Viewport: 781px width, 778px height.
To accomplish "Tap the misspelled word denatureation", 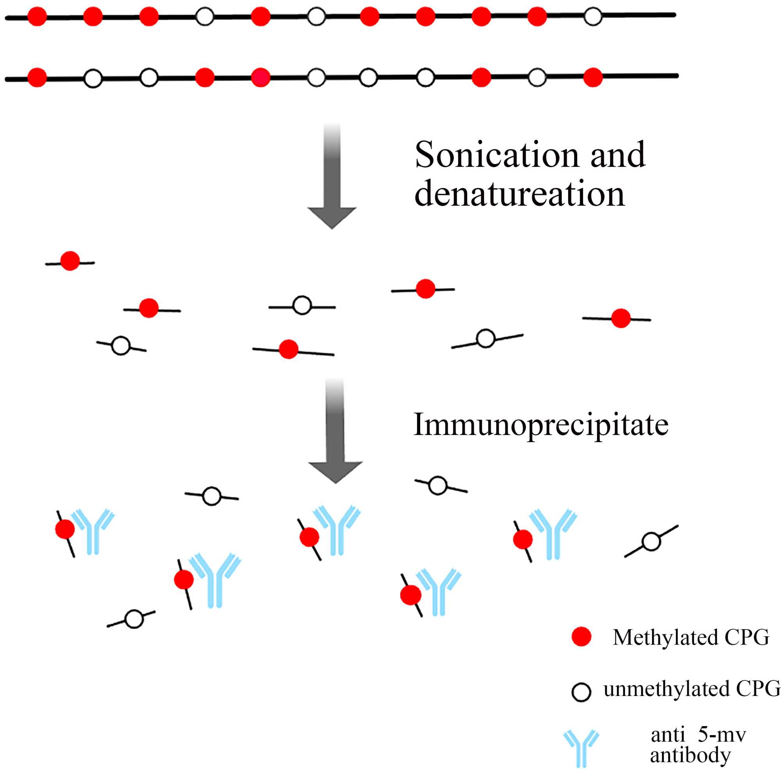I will pos(519,194).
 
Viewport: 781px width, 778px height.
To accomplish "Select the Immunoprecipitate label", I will pos(541,425).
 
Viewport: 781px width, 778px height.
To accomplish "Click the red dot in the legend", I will pos(581,637).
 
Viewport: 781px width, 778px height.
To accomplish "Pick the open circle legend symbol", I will pos(581,692).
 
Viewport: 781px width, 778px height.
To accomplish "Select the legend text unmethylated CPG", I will pos(692,689).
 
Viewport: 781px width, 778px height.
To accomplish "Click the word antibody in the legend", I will pos(690,755).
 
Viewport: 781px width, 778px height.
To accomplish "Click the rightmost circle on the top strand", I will pos(593,16).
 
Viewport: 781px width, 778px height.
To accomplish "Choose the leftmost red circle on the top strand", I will pos(37,16).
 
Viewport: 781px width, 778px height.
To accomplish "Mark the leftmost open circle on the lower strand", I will pos(93,79).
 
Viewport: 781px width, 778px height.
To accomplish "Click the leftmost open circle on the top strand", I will pos(205,17).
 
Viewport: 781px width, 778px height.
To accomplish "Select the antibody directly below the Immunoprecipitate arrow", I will pos(336,530).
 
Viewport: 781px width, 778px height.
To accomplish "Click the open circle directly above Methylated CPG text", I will pos(651,541).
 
